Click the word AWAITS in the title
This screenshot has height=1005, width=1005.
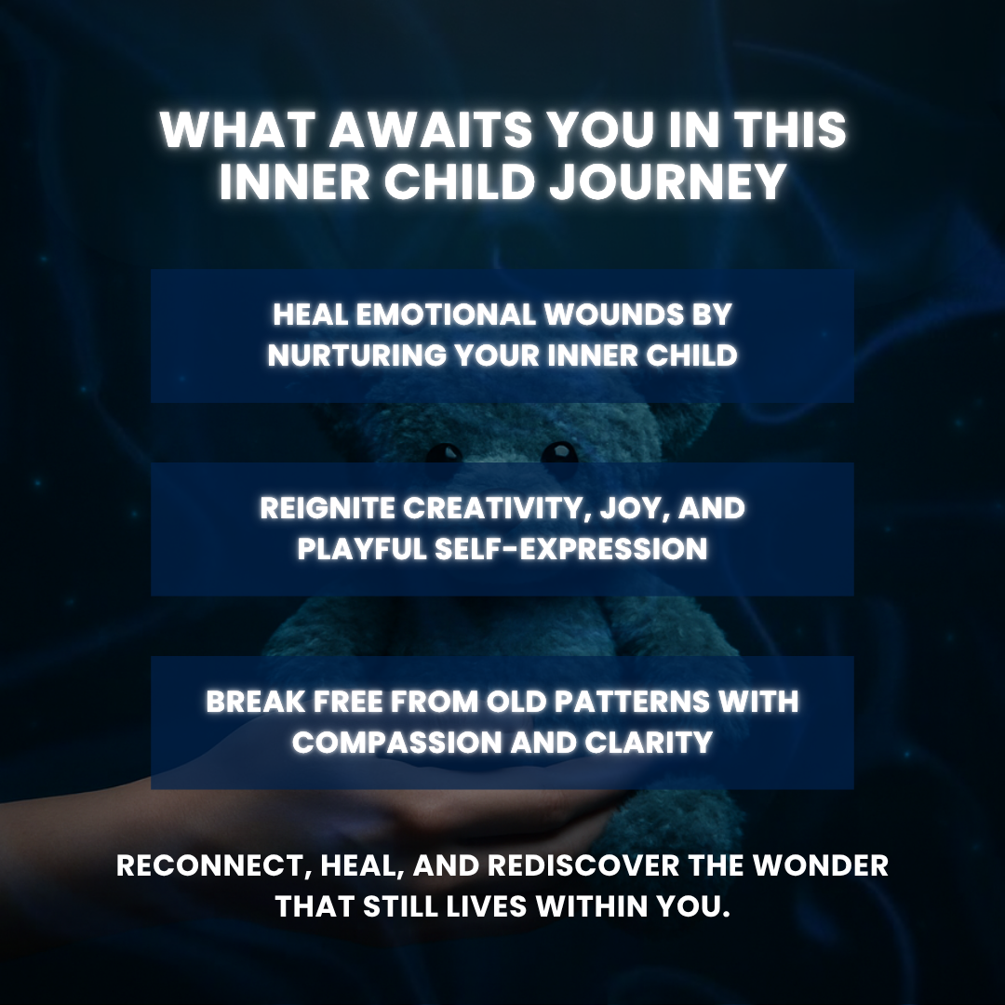point(431,129)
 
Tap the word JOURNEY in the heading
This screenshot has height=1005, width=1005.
point(668,181)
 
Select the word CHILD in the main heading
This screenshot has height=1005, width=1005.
point(460,181)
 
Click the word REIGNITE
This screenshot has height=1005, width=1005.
point(327,508)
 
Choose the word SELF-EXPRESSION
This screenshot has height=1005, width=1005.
point(571,549)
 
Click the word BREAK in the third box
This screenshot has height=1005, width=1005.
point(256,702)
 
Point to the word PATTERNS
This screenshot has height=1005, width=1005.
point(632,702)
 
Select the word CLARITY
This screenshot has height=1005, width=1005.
point(649,743)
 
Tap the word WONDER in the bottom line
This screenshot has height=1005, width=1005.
point(821,866)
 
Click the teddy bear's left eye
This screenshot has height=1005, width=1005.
point(444,453)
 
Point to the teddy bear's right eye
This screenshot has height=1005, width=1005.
point(559,452)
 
